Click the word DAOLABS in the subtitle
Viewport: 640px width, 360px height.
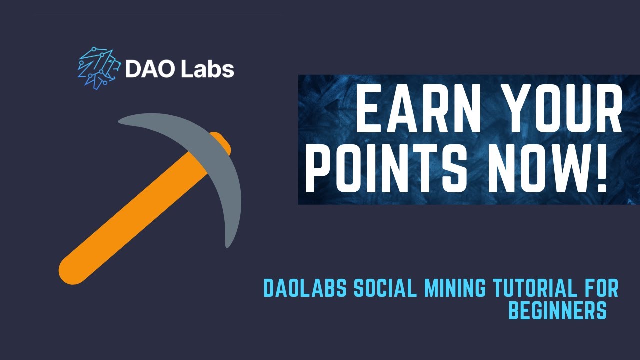point(305,288)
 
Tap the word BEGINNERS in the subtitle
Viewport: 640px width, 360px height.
point(557,311)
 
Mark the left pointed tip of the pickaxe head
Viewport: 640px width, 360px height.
point(121,121)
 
